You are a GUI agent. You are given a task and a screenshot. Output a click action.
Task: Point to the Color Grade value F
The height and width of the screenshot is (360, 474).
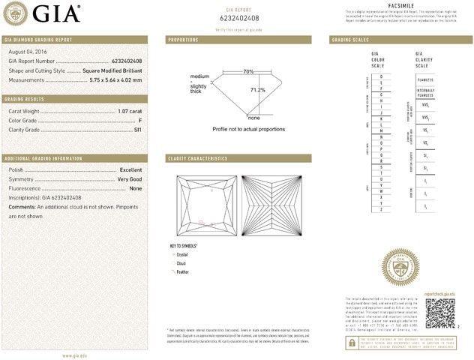pyautogui.click(x=140, y=120)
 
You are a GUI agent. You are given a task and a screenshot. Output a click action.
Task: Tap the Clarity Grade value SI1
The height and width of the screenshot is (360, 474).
pyautogui.click(x=137, y=130)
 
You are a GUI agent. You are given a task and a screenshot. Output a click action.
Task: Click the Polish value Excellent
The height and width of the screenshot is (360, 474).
pyautogui.click(x=130, y=170)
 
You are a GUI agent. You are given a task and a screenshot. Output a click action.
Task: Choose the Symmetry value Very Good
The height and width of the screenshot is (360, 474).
pyautogui.click(x=129, y=179)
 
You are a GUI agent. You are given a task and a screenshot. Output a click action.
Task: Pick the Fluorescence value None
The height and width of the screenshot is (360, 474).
pyautogui.click(x=136, y=188)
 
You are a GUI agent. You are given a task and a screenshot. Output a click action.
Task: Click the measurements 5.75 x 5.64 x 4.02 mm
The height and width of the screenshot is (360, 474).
pyautogui.click(x=115, y=79)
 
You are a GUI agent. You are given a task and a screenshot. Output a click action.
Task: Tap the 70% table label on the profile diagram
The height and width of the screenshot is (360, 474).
pyautogui.click(x=248, y=71)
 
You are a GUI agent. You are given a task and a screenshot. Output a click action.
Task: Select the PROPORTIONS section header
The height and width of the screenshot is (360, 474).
pyautogui.click(x=183, y=39)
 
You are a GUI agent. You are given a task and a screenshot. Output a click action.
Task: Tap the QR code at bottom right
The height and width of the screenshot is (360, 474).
pyautogui.click(x=440, y=311)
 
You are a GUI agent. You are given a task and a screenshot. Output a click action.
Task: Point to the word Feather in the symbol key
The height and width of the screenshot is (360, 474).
pyautogui.click(x=182, y=272)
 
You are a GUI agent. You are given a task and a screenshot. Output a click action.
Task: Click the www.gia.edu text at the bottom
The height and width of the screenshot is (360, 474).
pyautogui.click(x=78, y=355)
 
